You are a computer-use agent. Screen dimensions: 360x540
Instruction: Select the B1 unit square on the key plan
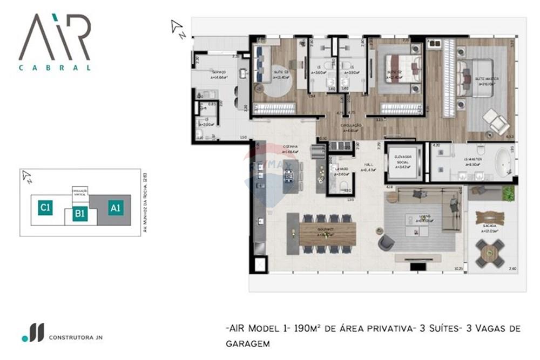click(x=80, y=214)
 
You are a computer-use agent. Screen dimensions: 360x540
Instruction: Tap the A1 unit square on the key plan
click(x=115, y=207)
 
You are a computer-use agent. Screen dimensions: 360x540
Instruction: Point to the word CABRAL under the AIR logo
click(x=55, y=68)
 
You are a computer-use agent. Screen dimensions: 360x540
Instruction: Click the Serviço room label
click(x=219, y=72)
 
